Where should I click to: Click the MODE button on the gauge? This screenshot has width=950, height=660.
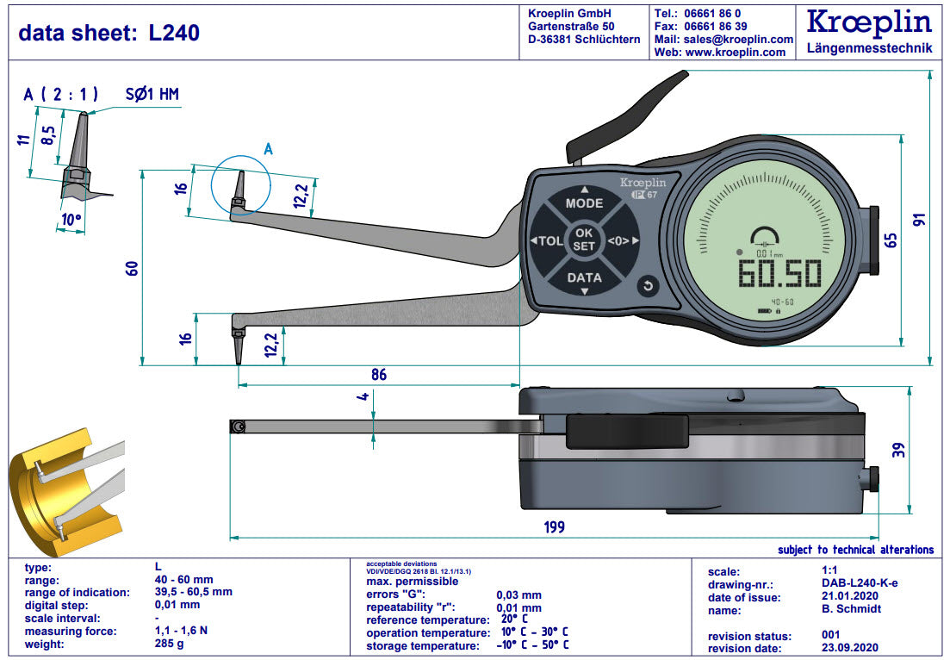584,203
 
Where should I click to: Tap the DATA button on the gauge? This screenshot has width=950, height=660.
584,277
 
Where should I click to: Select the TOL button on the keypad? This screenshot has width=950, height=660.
548,241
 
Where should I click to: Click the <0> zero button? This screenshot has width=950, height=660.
620,241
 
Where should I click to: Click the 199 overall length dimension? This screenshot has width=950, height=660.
555,526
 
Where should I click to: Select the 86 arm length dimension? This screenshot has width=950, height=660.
378,375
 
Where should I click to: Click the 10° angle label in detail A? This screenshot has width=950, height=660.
71,221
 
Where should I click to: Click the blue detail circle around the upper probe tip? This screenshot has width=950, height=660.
241,185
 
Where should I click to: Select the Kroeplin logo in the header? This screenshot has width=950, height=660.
869,23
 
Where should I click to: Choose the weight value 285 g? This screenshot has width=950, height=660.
169,644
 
